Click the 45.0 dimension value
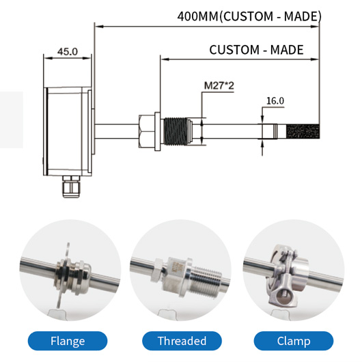[x=67, y=51]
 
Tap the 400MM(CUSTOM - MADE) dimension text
[x=249, y=16]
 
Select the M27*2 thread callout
[x=218, y=87]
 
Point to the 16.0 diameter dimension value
[x=275, y=100]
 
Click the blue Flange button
[x=68, y=341]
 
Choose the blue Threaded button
[x=181, y=341]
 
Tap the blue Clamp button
[x=293, y=341]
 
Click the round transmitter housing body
[x=67, y=130]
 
